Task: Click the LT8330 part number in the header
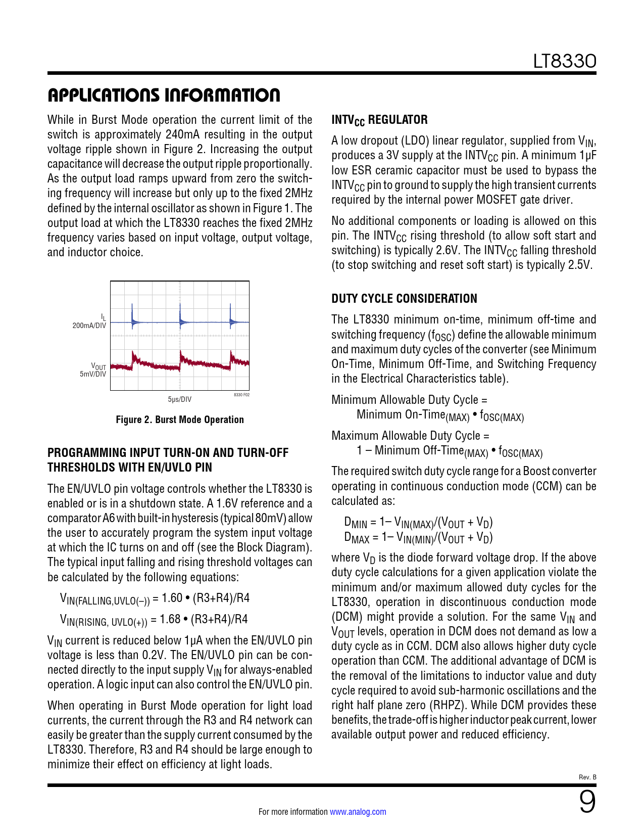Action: [565, 61]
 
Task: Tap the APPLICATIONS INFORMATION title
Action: [164, 95]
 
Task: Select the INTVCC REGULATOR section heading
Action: [379, 120]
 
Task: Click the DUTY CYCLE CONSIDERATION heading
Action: [404, 299]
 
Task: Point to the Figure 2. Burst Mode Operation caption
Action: [180, 420]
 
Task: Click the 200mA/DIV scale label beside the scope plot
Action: [89, 326]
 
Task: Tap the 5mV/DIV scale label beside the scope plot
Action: [93, 374]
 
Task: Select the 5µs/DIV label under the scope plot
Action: [180, 399]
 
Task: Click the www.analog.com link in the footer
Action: [358, 812]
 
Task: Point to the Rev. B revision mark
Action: [587, 777]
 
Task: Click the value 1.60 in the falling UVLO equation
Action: [172, 598]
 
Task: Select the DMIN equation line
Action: [418, 522]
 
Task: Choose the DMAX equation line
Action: [418, 537]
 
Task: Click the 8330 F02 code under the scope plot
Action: [241, 395]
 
